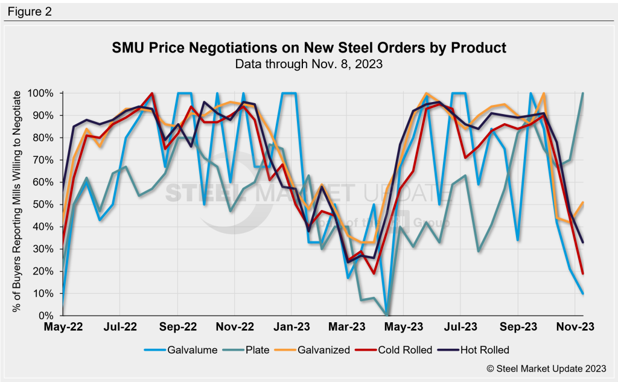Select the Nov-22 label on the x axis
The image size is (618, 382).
click(x=234, y=326)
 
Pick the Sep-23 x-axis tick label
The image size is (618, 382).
click(x=518, y=326)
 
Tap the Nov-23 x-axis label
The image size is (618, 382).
click(x=575, y=326)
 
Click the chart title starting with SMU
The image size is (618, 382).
click(x=309, y=47)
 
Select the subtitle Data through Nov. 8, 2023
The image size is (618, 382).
click(x=309, y=63)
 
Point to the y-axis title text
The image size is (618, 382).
click(x=17, y=202)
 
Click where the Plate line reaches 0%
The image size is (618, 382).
click(x=386, y=315)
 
